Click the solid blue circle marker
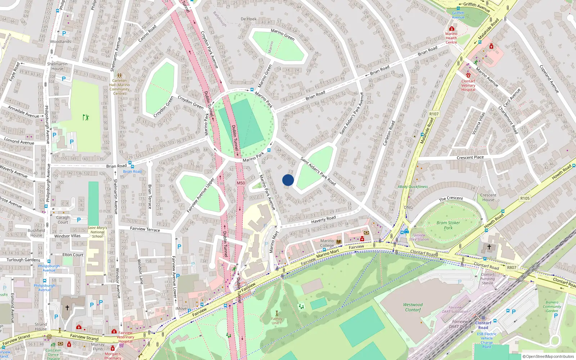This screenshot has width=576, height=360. pyautogui.click(x=288, y=180)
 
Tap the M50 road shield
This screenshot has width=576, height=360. pyautogui.click(x=241, y=183)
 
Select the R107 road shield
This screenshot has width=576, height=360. pyautogui.click(x=434, y=114)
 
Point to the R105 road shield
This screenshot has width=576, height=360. pyautogui.click(x=525, y=198)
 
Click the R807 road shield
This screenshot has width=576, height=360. pyautogui.click(x=512, y=267)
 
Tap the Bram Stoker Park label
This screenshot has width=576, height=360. pyautogui.click(x=448, y=225)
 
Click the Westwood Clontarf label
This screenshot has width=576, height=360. pyautogui.click(x=413, y=307)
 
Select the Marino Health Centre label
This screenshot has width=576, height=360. pyautogui.click(x=451, y=38)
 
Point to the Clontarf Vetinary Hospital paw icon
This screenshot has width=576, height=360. pyautogui.click(x=468, y=75)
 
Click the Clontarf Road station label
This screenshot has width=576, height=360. pyautogui.click(x=483, y=325)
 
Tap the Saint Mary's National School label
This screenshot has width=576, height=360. pyautogui.click(x=97, y=232)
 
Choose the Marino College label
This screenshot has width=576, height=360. pyautogui.click(x=327, y=243)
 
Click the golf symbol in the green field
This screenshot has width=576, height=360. pyautogui.click(x=85, y=117)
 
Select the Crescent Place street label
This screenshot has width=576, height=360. pyautogui.click(x=470, y=157)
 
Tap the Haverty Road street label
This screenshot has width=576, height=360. pyautogui.click(x=323, y=219)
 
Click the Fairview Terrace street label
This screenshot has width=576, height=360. pyautogui.click(x=145, y=229)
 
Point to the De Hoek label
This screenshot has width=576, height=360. pyautogui.click(x=249, y=19)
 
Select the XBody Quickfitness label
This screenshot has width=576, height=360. pyautogui.click(x=413, y=187)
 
